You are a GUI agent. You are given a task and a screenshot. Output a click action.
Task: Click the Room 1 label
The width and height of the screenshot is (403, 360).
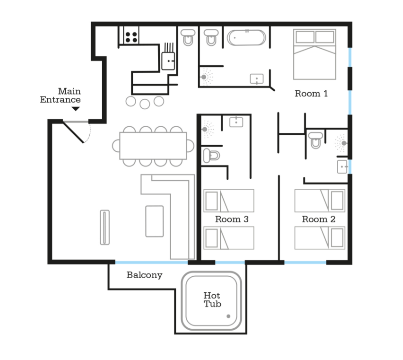[x=311, y=94]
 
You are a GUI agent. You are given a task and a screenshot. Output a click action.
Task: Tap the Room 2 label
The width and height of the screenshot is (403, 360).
[x=318, y=219]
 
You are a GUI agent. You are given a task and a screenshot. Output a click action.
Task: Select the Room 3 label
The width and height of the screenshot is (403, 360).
[x=232, y=219]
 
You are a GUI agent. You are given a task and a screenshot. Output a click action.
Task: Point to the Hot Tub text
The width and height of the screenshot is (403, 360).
[x=212, y=299]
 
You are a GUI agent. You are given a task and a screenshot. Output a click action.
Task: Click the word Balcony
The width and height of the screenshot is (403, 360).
[x=144, y=275]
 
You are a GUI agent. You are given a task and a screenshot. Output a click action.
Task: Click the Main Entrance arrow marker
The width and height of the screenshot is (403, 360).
[x=76, y=109]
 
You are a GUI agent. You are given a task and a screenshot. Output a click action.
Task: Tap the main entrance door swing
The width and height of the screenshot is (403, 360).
[x=77, y=132]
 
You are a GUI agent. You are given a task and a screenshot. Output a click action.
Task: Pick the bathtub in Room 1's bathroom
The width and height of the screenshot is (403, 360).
[x=246, y=38]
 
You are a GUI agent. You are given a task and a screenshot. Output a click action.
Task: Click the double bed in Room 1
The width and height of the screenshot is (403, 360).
[x=315, y=54]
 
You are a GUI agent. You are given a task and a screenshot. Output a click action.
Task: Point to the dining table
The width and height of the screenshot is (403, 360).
[x=153, y=146]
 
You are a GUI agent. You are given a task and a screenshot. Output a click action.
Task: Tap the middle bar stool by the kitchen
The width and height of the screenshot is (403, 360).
[x=145, y=104]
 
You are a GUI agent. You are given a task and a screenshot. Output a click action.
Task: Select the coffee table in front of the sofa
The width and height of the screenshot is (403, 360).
[x=155, y=221]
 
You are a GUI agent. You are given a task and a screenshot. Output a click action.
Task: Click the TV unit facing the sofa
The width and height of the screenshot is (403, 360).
[x=105, y=227]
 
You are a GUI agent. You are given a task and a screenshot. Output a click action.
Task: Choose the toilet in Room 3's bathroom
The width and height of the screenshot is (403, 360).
[x=211, y=156]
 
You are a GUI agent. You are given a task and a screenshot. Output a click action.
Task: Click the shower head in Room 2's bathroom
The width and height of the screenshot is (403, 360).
[x=344, y=143]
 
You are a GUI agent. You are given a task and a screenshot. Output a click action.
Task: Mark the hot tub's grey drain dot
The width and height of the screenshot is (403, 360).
[x=228, y=316]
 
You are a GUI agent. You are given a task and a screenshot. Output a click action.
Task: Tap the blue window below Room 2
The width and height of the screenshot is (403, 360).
[x=306, y=263]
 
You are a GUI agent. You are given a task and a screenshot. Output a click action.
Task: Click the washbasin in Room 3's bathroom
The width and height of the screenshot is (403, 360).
[x=236, y=122]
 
